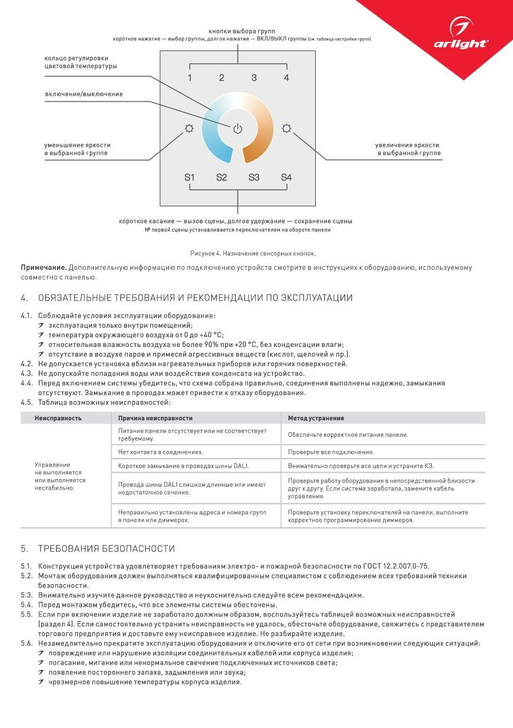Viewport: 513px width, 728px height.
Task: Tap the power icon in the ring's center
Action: [237, 129]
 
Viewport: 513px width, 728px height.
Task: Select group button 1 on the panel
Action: [190, 77]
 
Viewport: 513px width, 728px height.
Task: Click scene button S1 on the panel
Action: [190, 177]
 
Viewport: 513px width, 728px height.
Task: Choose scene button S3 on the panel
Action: [254, 177]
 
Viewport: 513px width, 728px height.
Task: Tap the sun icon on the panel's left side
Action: [188, 129]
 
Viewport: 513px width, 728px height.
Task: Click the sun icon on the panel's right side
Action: [286, 129]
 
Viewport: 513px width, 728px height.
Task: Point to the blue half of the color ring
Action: [210, 135]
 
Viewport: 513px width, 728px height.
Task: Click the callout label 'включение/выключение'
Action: [83, 94]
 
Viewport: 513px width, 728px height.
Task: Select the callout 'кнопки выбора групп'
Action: [242, 31]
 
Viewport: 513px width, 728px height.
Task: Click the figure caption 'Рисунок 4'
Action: [252, 253]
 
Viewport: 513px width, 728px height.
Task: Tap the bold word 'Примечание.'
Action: [40, 268]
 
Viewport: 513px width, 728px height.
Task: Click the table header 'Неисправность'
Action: [58, 418]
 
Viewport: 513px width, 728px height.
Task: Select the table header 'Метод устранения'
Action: [316, 418]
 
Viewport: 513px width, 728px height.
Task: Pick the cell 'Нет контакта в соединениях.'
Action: [160, 452]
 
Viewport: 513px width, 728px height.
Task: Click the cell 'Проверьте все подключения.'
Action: [330, 452]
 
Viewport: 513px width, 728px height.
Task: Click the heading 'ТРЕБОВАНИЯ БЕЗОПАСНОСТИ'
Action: [106, 549]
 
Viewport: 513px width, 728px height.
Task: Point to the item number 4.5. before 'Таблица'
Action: [27, 402]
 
